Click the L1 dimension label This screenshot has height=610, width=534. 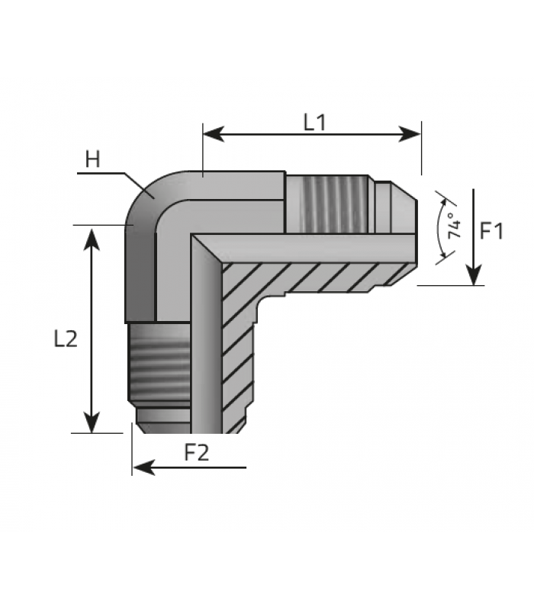314,123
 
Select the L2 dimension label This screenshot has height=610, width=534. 66,339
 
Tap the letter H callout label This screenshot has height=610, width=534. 92,159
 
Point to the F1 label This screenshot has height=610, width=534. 491,231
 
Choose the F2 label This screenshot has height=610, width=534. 196,453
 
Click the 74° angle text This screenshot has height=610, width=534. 454,226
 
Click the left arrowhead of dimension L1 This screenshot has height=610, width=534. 214,134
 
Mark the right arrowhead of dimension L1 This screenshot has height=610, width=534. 410,134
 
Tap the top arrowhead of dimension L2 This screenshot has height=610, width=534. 92,239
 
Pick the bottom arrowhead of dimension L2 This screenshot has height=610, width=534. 92,422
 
